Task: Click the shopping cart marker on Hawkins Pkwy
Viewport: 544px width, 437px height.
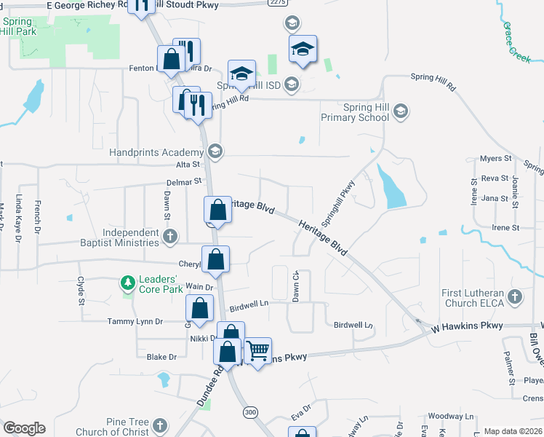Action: [257, 350]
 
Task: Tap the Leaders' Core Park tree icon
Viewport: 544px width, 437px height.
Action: [128, 282]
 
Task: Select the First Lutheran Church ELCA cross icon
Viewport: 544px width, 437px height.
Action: [515, 296]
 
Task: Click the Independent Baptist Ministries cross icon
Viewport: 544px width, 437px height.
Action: [169, 236]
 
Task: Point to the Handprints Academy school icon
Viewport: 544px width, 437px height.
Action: [214, 152]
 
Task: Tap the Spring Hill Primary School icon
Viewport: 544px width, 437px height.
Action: [401, 111]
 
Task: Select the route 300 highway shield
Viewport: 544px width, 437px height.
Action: [251, 412]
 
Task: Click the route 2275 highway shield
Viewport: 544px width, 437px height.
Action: [276, 3]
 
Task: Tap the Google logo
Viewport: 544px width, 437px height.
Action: [24, 428]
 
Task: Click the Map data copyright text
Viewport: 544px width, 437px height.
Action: [513, 431]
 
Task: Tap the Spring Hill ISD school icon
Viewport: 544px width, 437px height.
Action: [292, 84]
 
